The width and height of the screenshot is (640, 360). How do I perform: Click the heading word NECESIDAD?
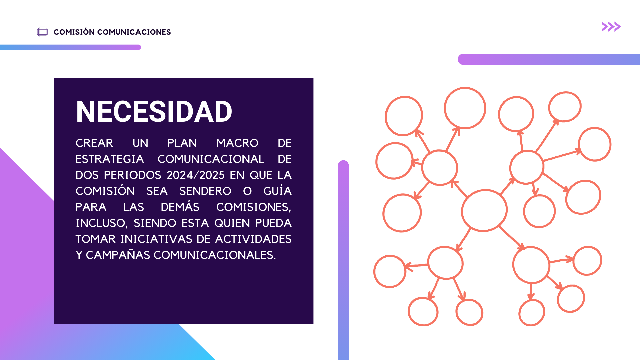click(154, 112)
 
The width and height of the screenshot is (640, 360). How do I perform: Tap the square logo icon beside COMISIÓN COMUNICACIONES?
click(42, 32)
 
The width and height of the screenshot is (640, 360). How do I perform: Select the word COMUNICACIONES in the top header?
click(134, 32)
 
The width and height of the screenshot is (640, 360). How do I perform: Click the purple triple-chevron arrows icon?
click(611, 27)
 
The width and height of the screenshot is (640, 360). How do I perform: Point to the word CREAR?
click(94, 143)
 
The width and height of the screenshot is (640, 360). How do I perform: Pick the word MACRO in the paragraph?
click(237, 143)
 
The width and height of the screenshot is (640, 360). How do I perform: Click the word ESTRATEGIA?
click(110, 159)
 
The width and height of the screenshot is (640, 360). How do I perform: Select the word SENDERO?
click(205, 191)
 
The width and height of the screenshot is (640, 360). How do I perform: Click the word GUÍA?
click(278, 191)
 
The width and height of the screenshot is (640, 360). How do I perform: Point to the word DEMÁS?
click(180, 207)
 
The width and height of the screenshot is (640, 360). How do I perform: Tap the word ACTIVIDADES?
click(253, 239)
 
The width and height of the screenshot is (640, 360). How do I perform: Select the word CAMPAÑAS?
click(118, 255)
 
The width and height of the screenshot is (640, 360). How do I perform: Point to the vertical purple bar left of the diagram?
click(343, 260)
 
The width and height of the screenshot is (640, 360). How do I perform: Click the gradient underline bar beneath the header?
click(70, 47)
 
